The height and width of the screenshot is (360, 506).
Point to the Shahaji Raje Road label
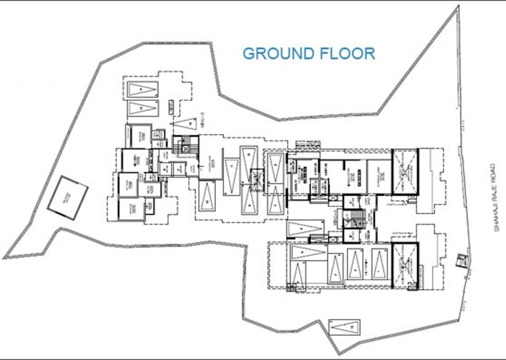(x=492, y=196)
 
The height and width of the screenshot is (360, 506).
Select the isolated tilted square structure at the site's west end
(x=68, y=199)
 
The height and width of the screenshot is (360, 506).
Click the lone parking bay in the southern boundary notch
(x=344, y=327)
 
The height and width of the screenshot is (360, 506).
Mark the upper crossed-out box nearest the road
(x=404, y=172)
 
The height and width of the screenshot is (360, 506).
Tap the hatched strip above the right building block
(x=307, y=144)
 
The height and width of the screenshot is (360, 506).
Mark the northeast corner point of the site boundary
(x=458, y=6)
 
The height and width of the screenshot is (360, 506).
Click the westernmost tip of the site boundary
(x=4, y=257)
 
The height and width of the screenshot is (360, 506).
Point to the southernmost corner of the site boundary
(x=339, y=353)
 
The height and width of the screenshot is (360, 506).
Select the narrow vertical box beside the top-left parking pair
(x=168, y=108)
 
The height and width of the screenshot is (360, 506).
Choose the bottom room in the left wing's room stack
(x=131, y=210)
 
